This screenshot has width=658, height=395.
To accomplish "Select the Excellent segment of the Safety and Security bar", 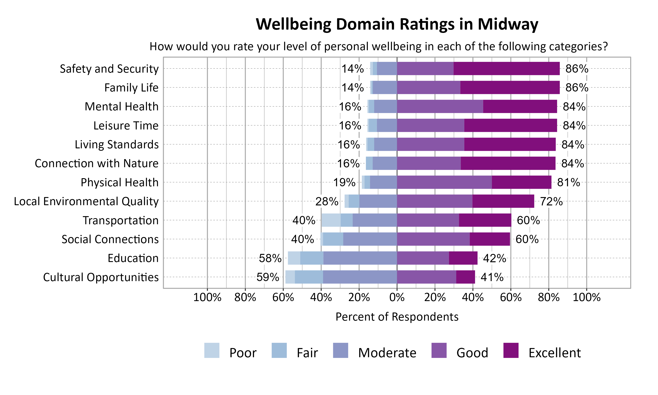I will tap(506, 68).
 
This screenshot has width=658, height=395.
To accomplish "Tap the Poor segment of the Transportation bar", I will tap(331, 220).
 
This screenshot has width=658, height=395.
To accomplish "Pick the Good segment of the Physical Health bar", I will tap(444, 182).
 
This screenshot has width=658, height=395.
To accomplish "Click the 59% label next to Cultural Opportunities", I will tap(268, 277).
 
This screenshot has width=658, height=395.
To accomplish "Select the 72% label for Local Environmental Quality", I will tap(551, 201).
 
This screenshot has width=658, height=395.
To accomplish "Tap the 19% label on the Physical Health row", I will tap(344, 183).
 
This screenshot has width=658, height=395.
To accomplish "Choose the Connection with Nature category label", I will tap(97, 163).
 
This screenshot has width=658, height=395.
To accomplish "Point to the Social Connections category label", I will tap(110, 239).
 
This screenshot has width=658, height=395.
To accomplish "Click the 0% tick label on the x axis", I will tap(397, 297).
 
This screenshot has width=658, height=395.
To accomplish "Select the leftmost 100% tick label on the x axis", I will tap(207, 297).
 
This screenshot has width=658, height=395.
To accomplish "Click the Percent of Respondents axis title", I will tap(397, 317).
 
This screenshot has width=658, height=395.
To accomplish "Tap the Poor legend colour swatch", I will tap(212, 350).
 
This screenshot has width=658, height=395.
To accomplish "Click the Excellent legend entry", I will tap(554, 353).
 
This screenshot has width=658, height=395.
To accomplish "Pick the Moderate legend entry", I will tap(387, 353).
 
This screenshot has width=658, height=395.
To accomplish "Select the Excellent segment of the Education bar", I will tap(463, 258).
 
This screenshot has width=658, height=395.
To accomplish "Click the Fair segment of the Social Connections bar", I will tap(333, 239).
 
